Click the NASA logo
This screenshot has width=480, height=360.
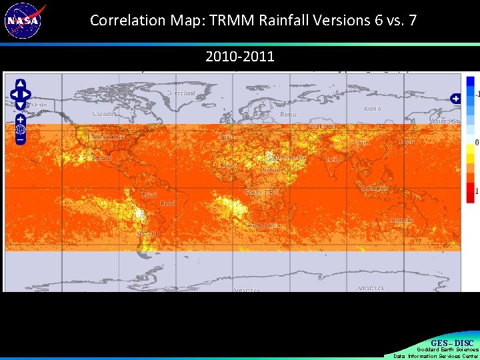[x=24, y=20]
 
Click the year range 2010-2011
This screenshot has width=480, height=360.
[x=239, y=57]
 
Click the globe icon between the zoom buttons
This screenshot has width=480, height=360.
[x=20, y=129]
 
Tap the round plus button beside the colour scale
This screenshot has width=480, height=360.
[x=455, y=99]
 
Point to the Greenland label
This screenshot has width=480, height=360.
[x=181, y=93]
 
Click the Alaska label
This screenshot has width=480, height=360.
[x=38, y=105]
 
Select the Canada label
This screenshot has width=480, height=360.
[x=104, y=114]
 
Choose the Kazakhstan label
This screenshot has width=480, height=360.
[x=323, y=126]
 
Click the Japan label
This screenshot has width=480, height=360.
[x=406, y=143]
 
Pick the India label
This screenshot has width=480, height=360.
[x=332, y=160]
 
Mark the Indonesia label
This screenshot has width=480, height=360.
[x=374, y=189]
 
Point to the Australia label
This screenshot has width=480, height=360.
[x=402, y=220]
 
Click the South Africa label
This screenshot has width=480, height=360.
[x=263, y=226]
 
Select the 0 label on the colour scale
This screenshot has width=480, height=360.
[x=475, y=143]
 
